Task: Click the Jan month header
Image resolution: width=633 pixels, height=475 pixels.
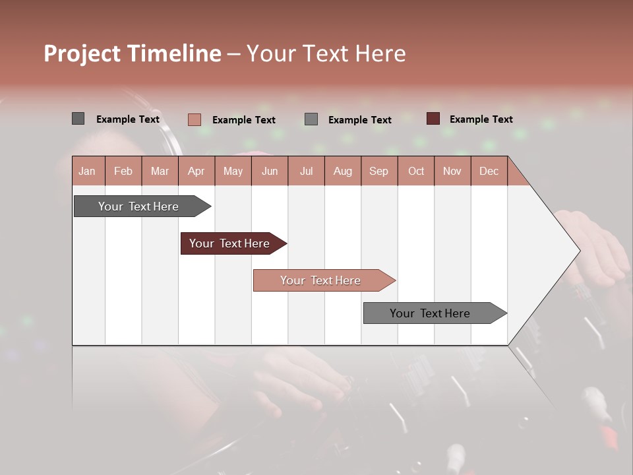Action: pyautogui.click(x=87, y=171)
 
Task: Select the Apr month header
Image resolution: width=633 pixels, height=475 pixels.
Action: pyautogui.click(x=196, y=171)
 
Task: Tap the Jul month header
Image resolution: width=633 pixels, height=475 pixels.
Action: pyautogui.click(x=306, y=171)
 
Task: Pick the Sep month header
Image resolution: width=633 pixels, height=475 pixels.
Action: pyautogui.click(x=378, y=171)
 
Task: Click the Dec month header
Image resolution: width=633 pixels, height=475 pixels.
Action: pyautogui.click(x=489, y=171)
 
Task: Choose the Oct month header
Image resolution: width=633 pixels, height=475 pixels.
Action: pyautogui.click(x=416, y=171)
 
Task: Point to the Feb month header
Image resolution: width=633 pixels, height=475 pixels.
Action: pyautogui.click(x=123, y=171)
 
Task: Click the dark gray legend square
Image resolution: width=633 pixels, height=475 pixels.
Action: pyautogui.click(x=78, y=119)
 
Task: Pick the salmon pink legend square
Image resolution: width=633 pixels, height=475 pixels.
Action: pyautogui.click(x=194, y=119)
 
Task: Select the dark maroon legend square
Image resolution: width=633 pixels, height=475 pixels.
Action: pyautogui.click(x=433, y=119)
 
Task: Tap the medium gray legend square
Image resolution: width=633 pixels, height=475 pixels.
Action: pyautogui.click(x=311, y=119)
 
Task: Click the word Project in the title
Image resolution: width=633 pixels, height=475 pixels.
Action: pyautogui.click(x=82, y=53)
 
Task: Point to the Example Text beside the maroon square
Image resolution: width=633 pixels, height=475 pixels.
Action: pyautogui.click(x=481, y=119)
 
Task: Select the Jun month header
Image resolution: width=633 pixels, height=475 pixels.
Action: pyautogui.click(x=270, y=171)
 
